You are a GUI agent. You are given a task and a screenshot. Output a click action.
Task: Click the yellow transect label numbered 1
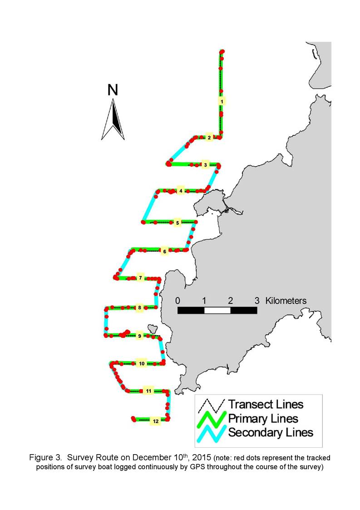point(222,101)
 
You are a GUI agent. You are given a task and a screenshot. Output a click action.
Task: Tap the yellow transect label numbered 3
point(205,165)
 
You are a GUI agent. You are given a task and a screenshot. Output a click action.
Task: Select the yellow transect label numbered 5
point(177,223)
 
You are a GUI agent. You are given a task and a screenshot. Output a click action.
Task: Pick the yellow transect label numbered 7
point(140,278)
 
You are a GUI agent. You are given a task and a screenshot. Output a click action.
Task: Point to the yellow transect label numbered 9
point(139,336)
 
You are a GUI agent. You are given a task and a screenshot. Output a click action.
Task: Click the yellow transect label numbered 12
point(156,421)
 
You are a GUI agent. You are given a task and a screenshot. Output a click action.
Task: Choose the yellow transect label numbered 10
point(142,363)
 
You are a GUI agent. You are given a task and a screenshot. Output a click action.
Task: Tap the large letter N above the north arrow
point(113,90)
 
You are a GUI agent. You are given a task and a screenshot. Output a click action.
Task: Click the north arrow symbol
point(113,119)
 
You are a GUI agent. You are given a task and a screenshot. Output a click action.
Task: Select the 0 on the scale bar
point(178,300)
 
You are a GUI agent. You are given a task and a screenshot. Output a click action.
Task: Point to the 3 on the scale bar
point(257,300)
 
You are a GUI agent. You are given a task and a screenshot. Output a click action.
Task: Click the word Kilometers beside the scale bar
point(286,300)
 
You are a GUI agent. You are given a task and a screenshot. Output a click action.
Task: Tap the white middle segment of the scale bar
point(217,310)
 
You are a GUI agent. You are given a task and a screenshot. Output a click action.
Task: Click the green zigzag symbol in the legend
point(212,419)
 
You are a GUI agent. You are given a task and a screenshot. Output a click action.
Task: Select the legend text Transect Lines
point(266,404)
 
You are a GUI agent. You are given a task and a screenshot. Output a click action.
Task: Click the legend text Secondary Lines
point(271,432)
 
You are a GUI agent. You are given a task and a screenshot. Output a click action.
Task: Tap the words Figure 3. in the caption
point(45,458)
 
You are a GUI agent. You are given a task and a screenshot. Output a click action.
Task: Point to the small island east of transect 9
point(152,328)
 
